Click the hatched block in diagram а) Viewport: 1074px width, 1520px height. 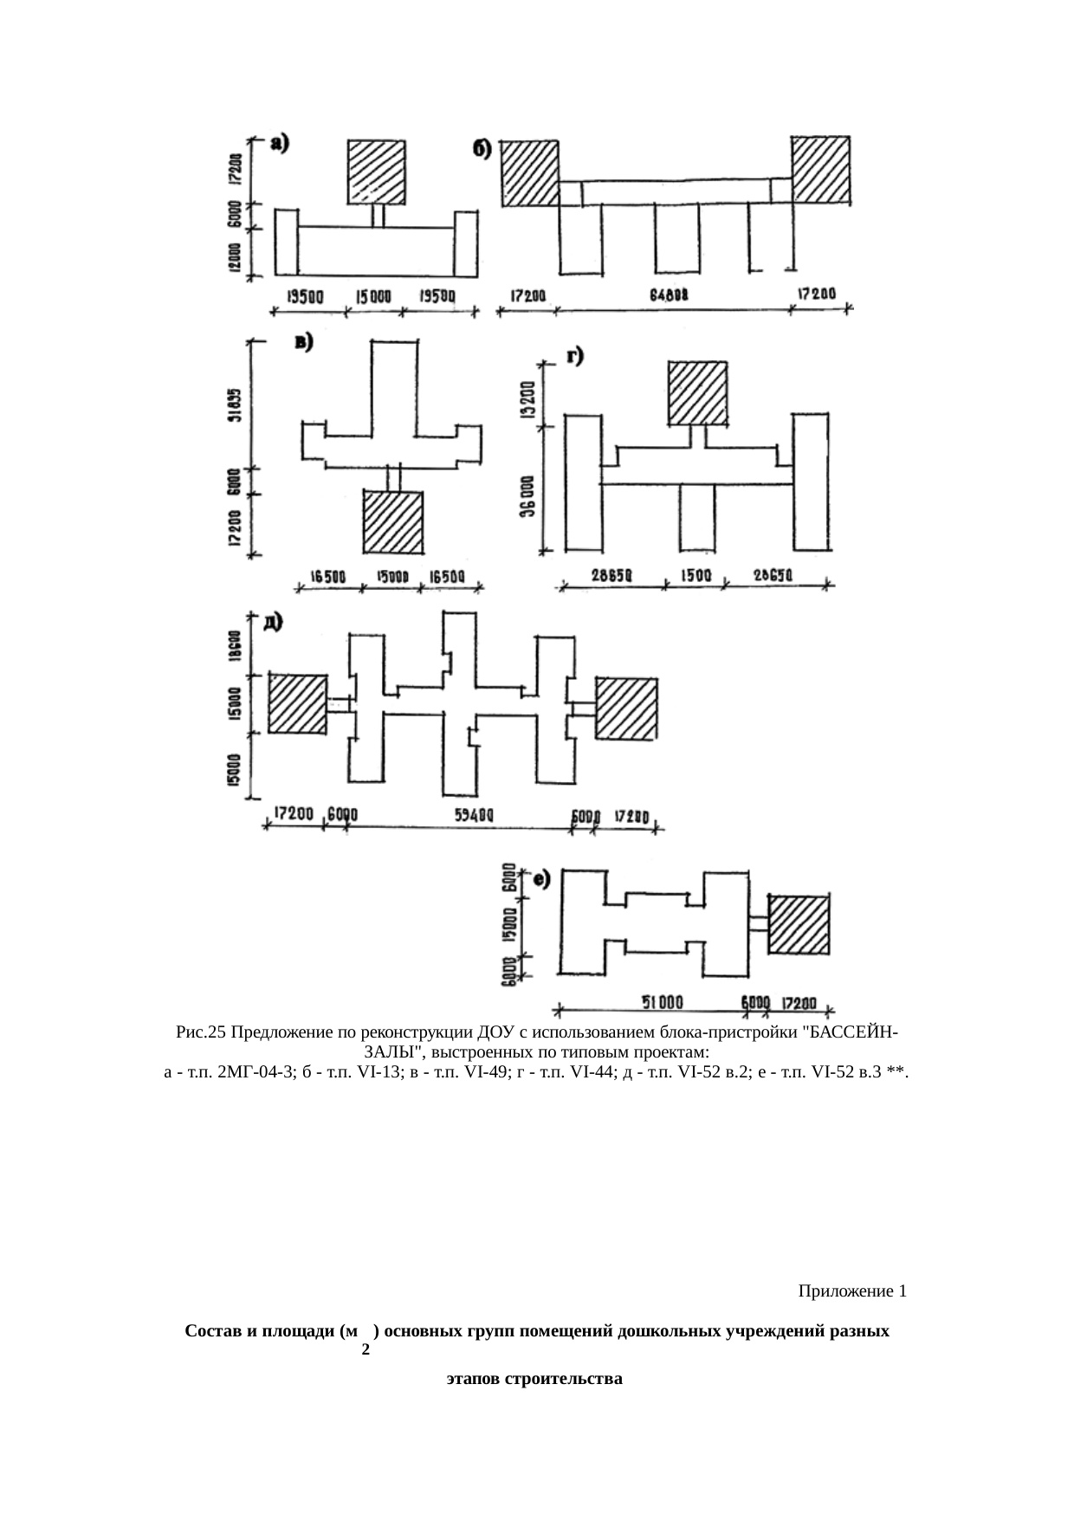pos(376,172)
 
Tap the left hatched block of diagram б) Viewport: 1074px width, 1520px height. pos(530,172)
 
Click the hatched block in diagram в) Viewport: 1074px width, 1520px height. pos(392,521)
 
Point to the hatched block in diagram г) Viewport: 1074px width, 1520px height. pos(696,392)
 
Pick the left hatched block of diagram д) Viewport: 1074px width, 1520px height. pos(297,703)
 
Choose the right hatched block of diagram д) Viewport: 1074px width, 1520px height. pos(625,708)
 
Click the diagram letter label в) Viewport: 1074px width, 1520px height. pos(304,343)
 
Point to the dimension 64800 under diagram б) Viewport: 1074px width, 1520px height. pos(669,295)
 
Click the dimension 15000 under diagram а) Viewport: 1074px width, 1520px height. pos(374,297)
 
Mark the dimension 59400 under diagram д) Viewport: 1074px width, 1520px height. pos(475,815)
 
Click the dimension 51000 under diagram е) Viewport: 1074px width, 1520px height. pos(663,1002)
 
